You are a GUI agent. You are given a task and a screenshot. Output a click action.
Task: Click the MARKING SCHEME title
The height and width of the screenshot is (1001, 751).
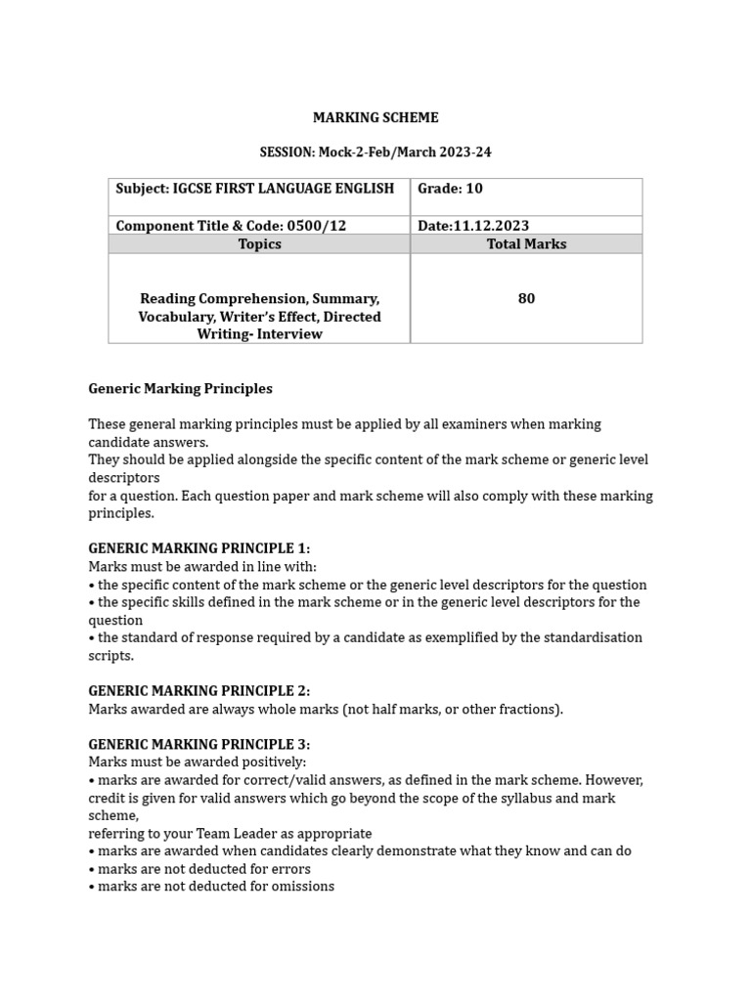tap(375, 118)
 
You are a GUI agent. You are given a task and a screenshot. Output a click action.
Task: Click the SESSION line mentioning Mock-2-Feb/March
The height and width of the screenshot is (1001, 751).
tap(375, 152)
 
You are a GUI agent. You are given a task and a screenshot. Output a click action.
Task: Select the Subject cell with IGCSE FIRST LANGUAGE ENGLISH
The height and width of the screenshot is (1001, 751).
tap(255, 189)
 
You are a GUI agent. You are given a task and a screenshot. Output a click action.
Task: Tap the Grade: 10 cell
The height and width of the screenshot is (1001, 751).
tap(450, 189)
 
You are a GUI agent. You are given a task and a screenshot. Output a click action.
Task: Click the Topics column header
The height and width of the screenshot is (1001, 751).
tap(259, 244)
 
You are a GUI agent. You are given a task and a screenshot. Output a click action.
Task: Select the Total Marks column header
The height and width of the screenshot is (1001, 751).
tap(526, 244)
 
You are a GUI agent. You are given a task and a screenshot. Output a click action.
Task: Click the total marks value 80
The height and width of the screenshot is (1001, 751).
tap(526, 299)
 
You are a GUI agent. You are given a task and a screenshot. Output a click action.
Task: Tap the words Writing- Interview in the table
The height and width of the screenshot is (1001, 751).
tap(259, 334)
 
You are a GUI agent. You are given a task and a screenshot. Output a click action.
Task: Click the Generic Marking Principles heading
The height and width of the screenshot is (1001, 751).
tap(180, 389)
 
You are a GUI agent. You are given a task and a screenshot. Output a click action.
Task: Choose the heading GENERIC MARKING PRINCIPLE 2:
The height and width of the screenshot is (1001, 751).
tap(199, 691)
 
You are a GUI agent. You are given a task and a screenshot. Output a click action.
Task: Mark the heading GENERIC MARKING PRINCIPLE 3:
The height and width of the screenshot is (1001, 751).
tap(199, 745)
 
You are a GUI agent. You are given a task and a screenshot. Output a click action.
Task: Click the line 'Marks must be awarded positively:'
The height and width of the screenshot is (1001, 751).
tap(198, 762)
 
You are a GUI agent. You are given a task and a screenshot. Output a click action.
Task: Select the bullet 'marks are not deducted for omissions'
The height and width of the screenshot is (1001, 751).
tap(215, 887)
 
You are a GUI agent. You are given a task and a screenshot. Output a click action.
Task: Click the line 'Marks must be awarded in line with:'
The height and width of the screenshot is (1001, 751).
tap(202, 567)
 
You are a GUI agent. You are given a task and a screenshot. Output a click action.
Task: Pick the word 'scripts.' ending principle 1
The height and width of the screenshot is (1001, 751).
tap(110, 656)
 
